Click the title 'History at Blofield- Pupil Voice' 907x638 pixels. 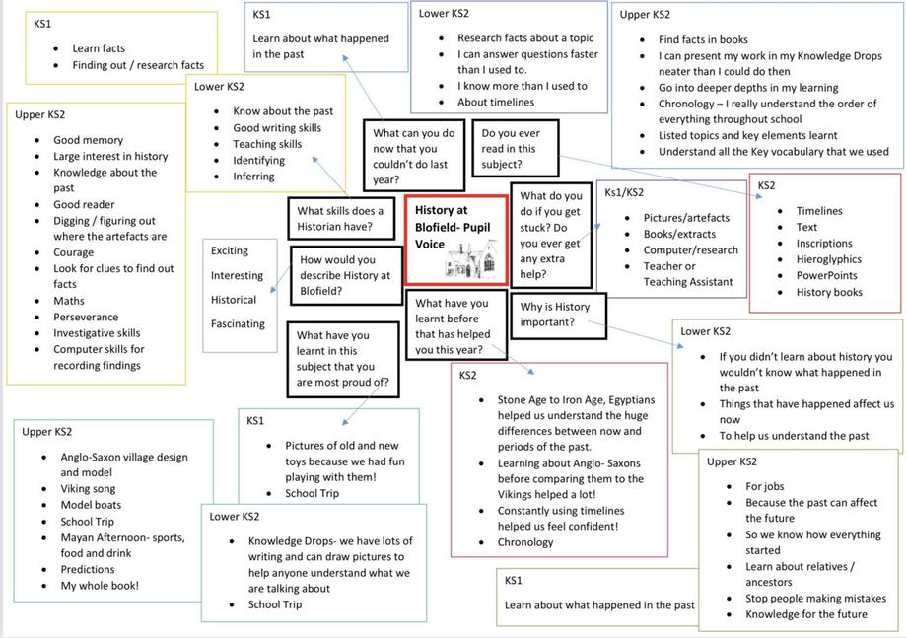click(x=453, y=227)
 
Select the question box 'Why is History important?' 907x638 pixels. click(x=558, y=316)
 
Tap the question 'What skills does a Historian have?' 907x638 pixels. click(x=341, y=218)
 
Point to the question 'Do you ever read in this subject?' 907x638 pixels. click(x=515, y=148)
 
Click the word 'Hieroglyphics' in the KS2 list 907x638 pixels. click(x=828, y=259)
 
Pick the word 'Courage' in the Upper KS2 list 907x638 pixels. click(x=74, y=252)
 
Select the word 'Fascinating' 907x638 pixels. click(x=238, y=323)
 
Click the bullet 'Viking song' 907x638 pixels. click(x=88, y=489)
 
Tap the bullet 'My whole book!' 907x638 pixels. click(x=100, y=586)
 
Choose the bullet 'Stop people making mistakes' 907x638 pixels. click(x=815, y=599)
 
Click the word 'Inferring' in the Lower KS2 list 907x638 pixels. click(x=253, y=177)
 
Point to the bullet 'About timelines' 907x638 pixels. click(x=496, y=102)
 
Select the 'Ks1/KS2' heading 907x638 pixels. click(x=623, y=192)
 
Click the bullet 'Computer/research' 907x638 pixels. click(x=691, y=249)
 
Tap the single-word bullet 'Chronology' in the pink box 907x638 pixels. click(x=525, y=542)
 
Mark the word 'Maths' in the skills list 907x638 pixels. click(x=69, y=301)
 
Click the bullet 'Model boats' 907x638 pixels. click(x=91, y=505)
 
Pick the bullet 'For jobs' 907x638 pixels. click(x=765, y=486)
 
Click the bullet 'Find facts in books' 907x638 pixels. click(x=703, y=39)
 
